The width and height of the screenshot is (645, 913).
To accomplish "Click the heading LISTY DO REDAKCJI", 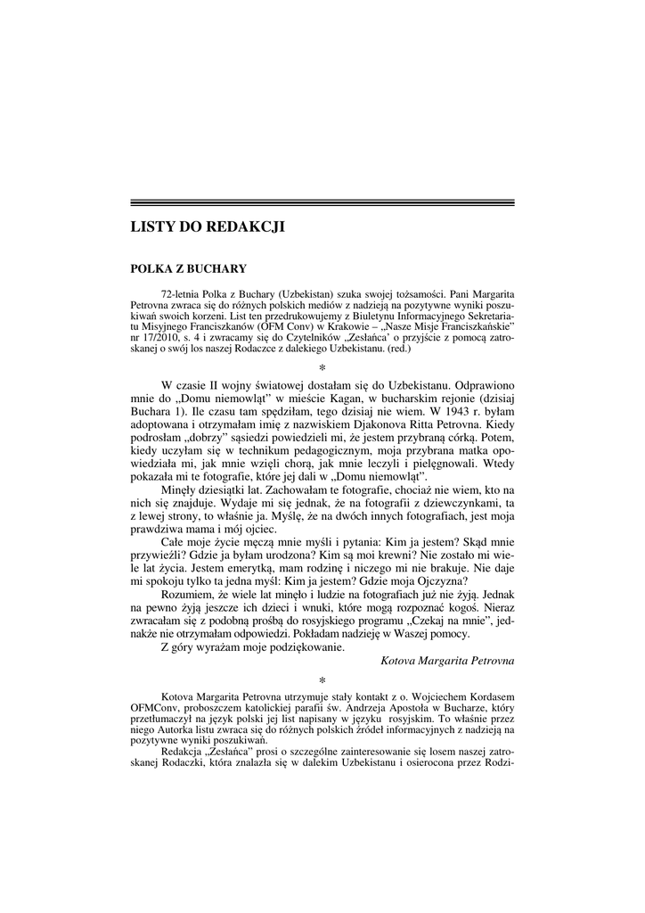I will point(208,227).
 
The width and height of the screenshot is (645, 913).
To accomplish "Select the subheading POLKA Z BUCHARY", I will point(189,268).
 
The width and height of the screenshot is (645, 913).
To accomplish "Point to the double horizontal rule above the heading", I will point(322,203).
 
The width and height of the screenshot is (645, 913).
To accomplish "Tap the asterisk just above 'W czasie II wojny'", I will point(322,367).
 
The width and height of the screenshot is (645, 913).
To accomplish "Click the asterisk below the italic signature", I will point(322,679).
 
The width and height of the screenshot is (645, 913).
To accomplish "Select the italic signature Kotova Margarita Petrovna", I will point(447,661).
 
